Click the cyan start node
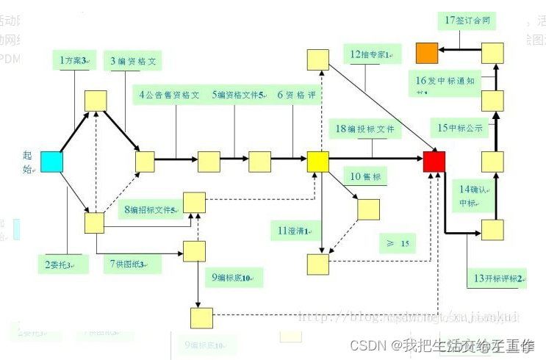(51, 162)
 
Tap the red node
(434, 161)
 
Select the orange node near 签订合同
(427, 53)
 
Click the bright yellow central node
(317, 161)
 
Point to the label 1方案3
(73, 60)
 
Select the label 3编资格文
(133, 62)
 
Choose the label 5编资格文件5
(239, 95)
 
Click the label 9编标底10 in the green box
(232, 278)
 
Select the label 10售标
(365, 177)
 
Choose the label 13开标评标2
(498, 278)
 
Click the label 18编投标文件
(364, 129)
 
